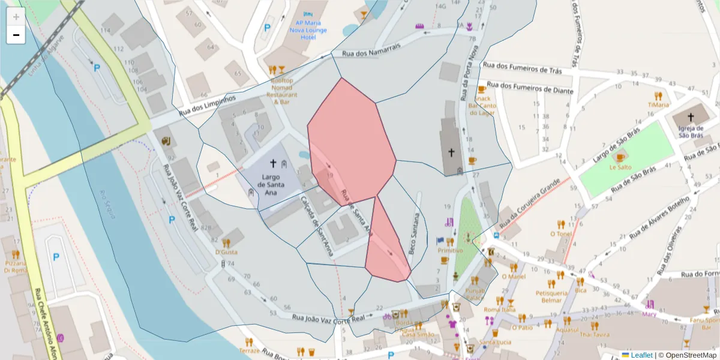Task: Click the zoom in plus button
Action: (x=16, y=16)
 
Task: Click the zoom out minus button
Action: (x=16, y=35)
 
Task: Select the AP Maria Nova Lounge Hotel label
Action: (x=308, y=30)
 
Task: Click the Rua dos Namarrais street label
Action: (x=371, y=53)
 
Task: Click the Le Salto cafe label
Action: (x=620, y=167)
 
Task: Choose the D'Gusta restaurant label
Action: (x=226, y=252)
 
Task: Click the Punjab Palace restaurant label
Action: (x=475, y=294)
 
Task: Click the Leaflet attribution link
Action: (x=641, y=355)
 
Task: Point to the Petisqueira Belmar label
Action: (x=551, y=296)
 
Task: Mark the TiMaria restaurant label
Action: (x=658, y=105)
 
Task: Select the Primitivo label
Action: (x=450, y=250)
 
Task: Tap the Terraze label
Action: (x=249, y=350)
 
